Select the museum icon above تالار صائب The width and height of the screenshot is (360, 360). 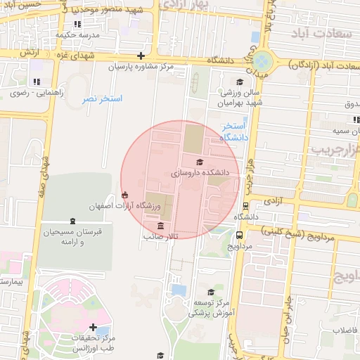click(162, 226)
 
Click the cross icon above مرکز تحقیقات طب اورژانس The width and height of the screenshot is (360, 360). click(93, 327)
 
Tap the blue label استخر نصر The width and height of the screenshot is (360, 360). click(102, 99)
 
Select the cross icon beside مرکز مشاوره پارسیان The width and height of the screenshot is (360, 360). click(141, 56)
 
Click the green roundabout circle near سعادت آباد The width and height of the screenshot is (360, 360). click(262, 61)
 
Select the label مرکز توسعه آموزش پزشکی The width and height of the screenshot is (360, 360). click(212, 306)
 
